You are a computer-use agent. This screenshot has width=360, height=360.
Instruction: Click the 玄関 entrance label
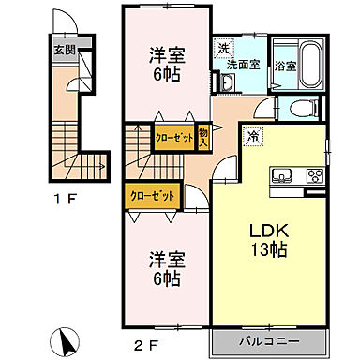63,50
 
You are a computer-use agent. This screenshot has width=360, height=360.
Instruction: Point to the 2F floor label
145,345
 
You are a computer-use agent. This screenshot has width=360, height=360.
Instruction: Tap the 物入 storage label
203,136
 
